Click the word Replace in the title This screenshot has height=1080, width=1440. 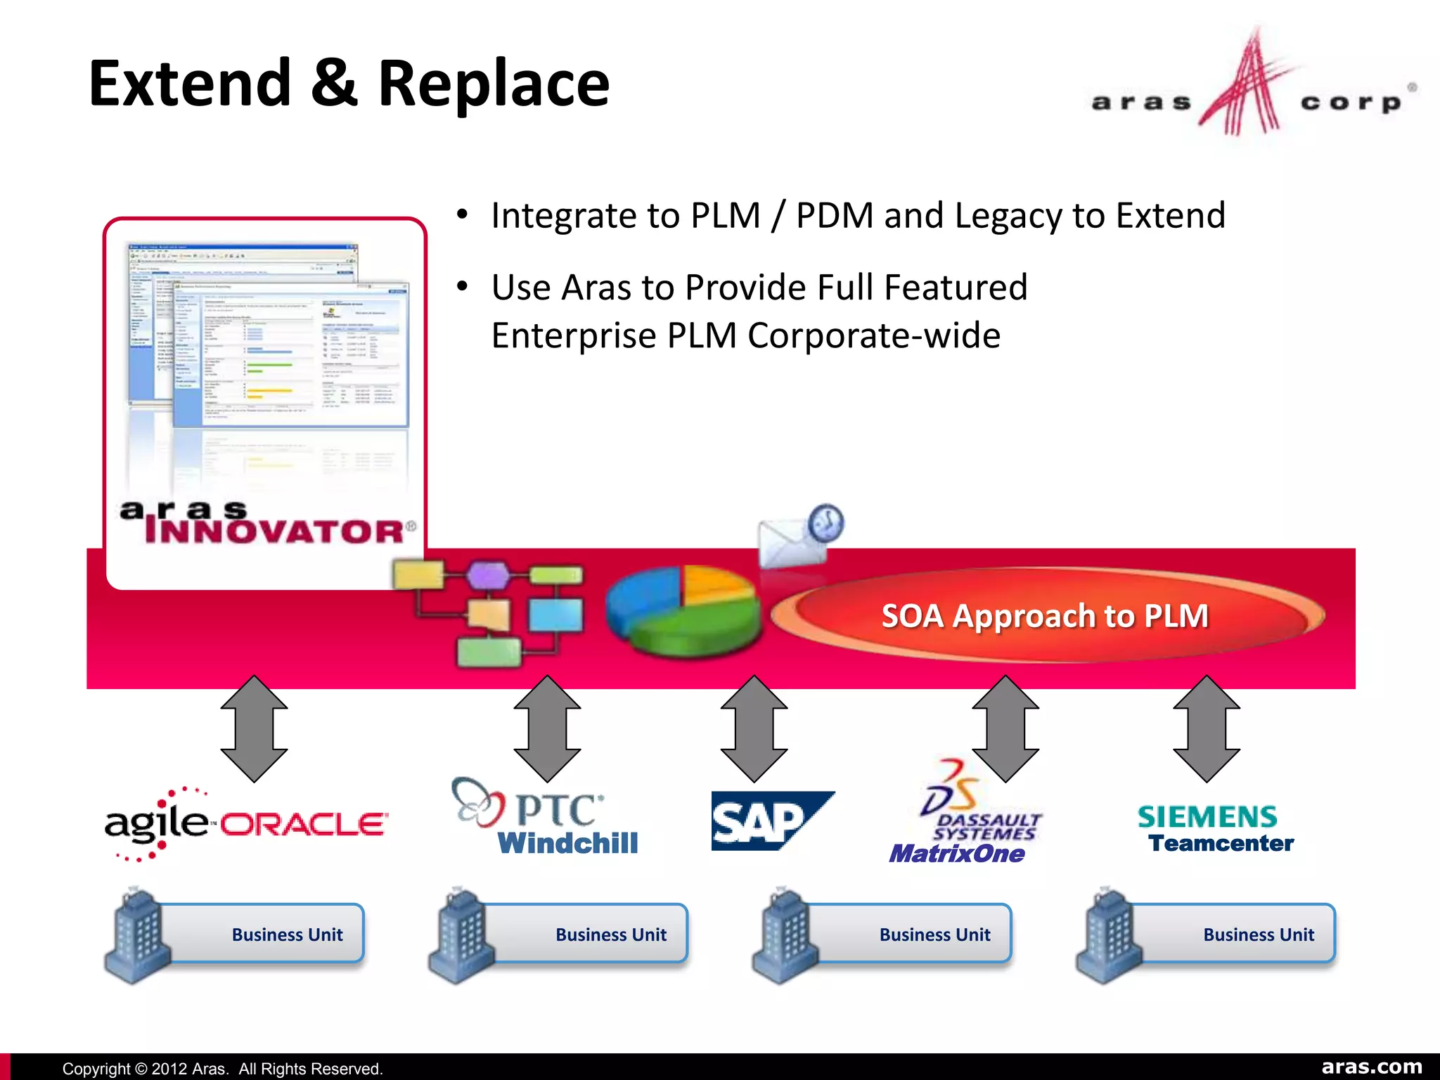point(494,84)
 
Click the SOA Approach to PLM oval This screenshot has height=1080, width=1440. point(1046,616)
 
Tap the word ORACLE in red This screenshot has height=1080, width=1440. point(304,824)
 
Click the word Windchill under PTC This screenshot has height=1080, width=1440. point(567,842)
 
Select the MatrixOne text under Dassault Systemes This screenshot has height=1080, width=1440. point(956,854)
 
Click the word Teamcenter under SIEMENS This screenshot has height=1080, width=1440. point(1221,843)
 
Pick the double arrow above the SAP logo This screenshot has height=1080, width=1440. point(754,729)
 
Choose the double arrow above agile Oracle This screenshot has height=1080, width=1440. point(254,729)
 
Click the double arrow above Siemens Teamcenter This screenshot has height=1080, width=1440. point(1207,729)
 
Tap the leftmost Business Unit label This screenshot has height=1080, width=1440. point(287,934)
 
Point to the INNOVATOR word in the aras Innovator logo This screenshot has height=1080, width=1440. point(274,532)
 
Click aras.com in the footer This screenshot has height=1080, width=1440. point(1371,1067)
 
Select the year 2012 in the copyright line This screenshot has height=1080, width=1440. point(169,1069)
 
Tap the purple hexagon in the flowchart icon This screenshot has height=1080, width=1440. point(487,575)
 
